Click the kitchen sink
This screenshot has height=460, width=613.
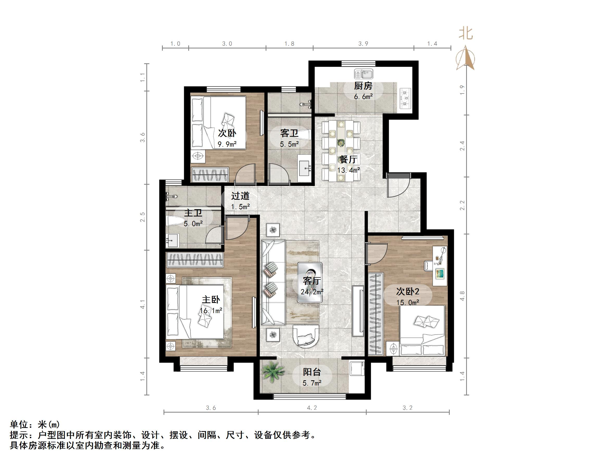[x=363, y=74]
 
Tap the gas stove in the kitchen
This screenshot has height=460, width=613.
[x=405, y=98]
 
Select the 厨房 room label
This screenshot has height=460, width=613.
[x=363, y=86]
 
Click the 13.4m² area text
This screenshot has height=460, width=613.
[x=348, y=170]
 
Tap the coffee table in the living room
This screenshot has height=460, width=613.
[x=310, y=283]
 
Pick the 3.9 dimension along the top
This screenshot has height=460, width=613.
[x=363, y=44]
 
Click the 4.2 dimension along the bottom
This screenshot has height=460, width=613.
[x=312, y=408]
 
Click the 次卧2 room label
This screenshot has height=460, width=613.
[x=407, y=291]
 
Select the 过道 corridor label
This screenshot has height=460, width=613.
[x=240, y=196]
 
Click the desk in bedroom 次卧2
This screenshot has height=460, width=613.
[x=440, y=266]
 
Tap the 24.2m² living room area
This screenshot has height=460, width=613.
[x=312, y=292]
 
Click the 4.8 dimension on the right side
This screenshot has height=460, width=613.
[x=462, y=296]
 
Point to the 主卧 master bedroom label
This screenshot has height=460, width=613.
[x=211, y=300]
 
